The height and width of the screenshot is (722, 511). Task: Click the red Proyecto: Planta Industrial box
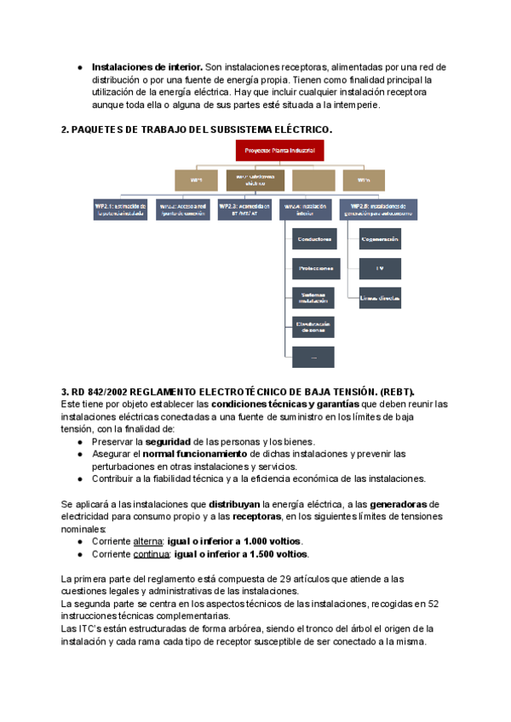pos(280,152)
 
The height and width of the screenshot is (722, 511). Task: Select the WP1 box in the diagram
pos(197,180)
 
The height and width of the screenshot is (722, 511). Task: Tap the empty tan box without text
pos(313,180)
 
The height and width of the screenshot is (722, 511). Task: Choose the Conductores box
pos(313,240)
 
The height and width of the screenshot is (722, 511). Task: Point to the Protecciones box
pos(313,268)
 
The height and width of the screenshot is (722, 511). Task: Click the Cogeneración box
pos(380,240)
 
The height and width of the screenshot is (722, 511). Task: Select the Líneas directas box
pos(380,297)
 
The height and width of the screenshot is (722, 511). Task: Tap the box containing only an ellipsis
pos(313,357)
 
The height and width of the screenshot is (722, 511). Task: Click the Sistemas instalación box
pos(313,297)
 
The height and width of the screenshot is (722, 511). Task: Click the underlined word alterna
pos(147,541)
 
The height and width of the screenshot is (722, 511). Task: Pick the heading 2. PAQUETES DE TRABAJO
pos(196,129)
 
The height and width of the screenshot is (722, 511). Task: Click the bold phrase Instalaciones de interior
pos(146,66)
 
